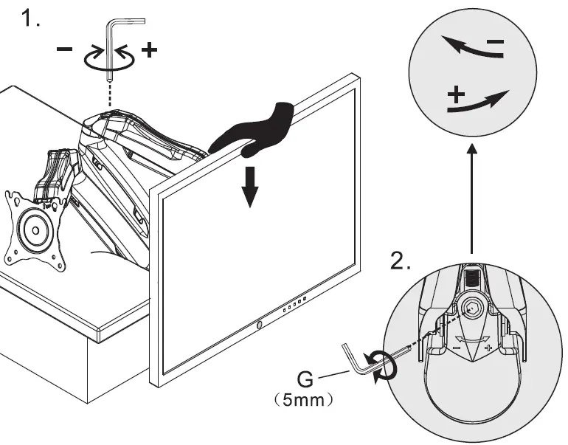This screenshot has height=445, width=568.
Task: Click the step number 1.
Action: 30,20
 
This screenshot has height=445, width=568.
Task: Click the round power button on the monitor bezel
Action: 260,324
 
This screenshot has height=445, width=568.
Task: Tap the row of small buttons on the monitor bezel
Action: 294,305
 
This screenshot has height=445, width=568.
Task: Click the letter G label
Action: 305,382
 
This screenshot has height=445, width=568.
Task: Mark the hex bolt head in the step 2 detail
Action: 473,308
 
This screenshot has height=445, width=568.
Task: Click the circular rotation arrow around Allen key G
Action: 384,365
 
